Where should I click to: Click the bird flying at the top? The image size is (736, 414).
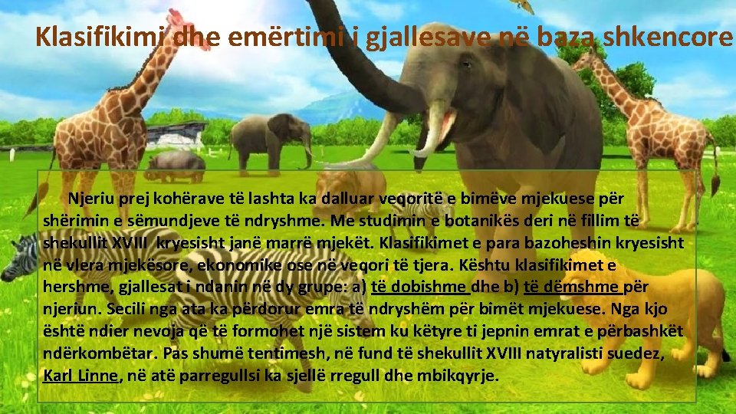pyautogui.click(x=524, y=6)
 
